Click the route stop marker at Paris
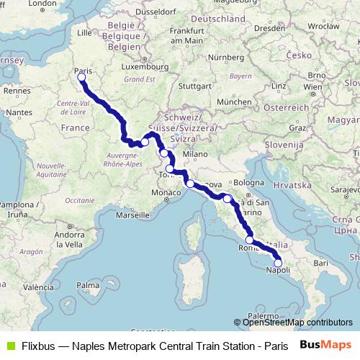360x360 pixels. point(81,77)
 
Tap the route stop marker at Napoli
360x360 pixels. point(278,263)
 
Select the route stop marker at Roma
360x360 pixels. point(250,240)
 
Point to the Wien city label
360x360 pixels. point(312,88)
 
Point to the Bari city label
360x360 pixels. point(320,264)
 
